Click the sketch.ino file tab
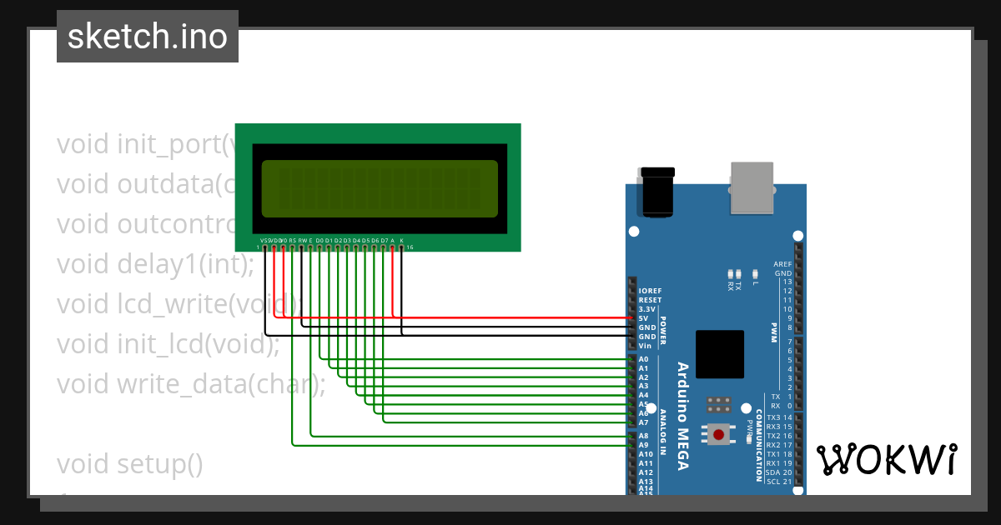[148, 37]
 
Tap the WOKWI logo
[887, 459]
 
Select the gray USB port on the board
[752, 187]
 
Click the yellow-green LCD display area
[380, 187]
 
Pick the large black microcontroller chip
[719, 354]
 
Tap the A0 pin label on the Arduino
[643, 359]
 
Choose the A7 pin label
[643, 422]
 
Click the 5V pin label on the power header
[643, 318]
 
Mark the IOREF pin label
[649, 291]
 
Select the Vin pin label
[645, 345]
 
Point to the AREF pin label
[782, 263]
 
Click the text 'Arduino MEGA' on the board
[682, 416]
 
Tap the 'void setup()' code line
[130, 463]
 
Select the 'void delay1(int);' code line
[155, 264]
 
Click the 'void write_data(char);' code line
[191, 383]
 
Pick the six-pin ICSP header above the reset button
[719, 405]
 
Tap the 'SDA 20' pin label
[778, 472]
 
